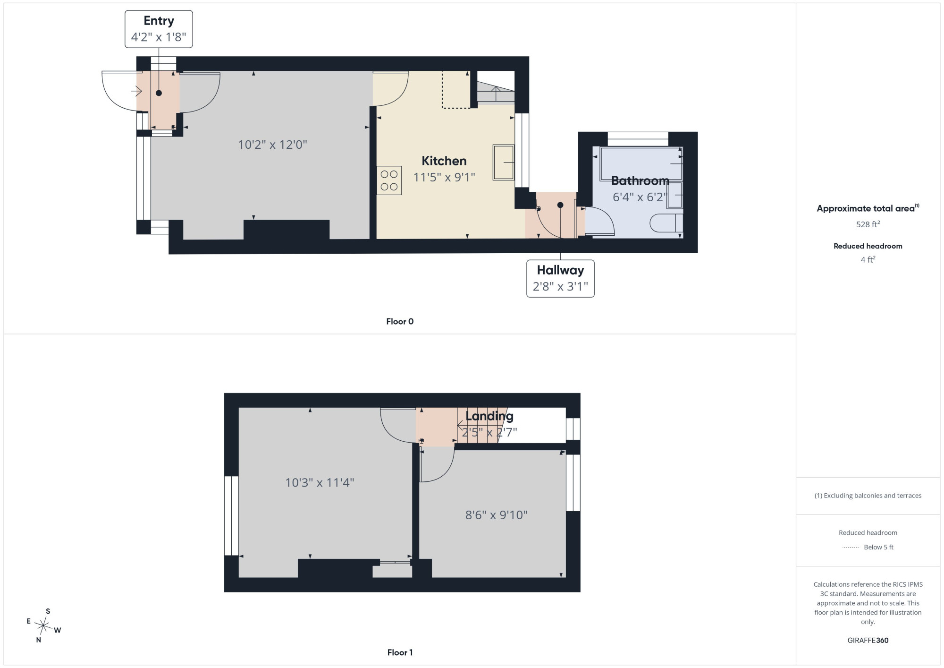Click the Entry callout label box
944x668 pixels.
tap(159, 29)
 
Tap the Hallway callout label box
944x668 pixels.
tap(560, 278)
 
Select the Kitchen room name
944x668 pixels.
tap(444, 161)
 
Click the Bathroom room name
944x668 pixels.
tap(640, 180)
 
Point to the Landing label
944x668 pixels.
tap(489, 416)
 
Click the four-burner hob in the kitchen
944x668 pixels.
tap(389, 180)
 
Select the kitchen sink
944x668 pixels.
tap(504, 163)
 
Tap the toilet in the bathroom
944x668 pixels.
tap(666, 223)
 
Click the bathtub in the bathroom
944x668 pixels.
tap(641, 163)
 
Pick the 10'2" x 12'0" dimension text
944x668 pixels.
tap(272, 145)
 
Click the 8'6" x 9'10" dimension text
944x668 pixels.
tap(496, 515)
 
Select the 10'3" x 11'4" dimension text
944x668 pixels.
tap(320, 482)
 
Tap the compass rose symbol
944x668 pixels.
tap(43, 626)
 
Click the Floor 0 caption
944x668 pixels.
tap(400, 322)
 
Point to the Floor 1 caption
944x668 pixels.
tap(400, 652)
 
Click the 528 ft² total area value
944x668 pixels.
tap(868, 224)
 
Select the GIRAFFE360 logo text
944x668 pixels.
tap(868, 641)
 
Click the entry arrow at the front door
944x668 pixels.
tap(137, 91)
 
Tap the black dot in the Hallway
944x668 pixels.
tap(560, 205)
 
